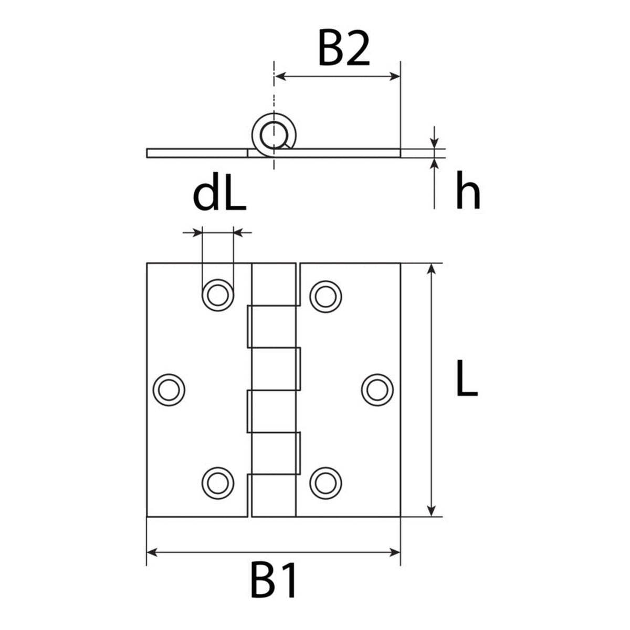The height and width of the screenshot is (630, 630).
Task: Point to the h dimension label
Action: point(468,190)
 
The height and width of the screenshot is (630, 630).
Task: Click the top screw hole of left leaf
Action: point(218,295)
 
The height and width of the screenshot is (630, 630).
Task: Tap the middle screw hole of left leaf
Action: point(169,390)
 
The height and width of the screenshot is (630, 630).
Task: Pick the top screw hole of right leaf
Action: point(325,296)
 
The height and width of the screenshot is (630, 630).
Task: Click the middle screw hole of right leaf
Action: point(377,390)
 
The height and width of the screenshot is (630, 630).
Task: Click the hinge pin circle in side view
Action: point(274,135)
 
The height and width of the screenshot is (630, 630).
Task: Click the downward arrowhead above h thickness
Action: point(434,143)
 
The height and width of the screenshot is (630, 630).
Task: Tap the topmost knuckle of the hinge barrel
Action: point(274,284)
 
